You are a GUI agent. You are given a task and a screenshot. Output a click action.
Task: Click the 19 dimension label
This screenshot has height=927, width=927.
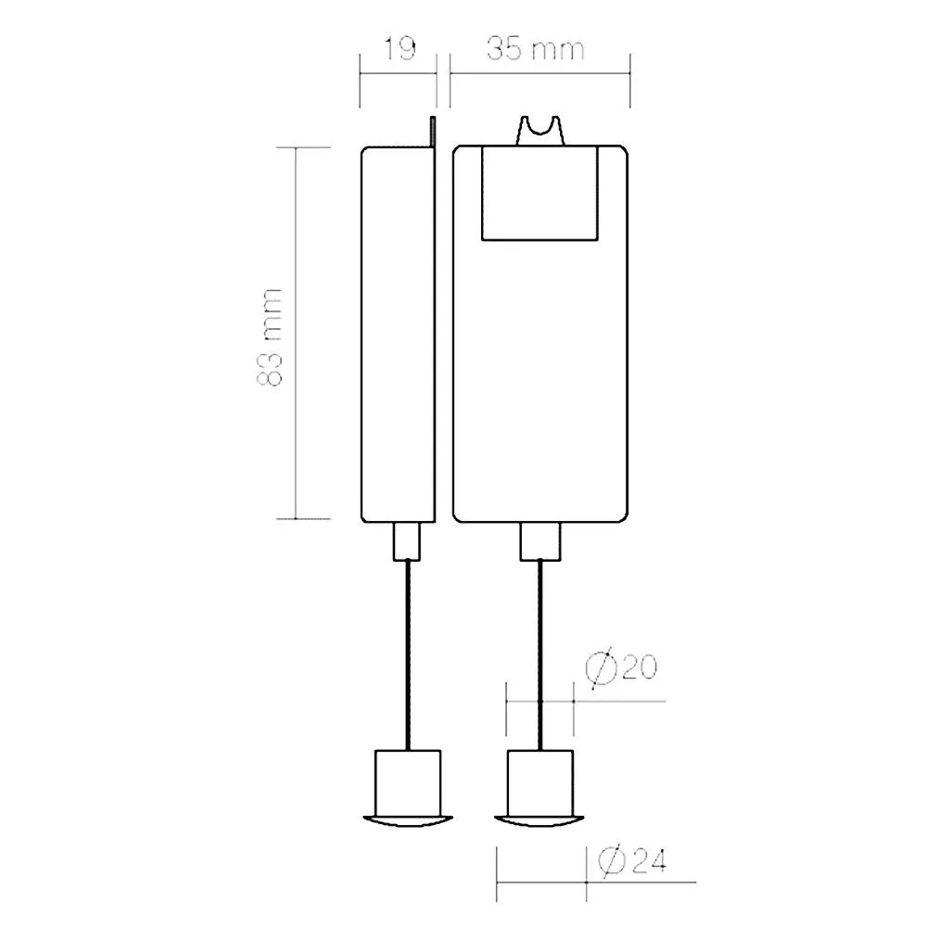point(400,48)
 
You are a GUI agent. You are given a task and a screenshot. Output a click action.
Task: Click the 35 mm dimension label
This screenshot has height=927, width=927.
point(536,48)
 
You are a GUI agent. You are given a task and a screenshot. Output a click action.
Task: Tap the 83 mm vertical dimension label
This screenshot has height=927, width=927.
point(270,337)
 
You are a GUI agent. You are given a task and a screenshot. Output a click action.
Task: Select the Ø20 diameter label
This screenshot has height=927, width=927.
point(621,668)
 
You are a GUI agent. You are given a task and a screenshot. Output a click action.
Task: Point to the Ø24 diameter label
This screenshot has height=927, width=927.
point(632,860)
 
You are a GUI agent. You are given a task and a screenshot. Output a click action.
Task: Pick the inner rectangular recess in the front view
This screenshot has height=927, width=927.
point(540,194)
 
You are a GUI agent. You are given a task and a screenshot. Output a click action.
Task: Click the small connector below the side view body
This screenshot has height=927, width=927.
point(407,541)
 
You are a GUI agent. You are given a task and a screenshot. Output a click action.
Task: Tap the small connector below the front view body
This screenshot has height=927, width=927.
point(540,541)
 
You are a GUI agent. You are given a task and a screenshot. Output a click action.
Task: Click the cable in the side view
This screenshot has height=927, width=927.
point(407,655)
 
